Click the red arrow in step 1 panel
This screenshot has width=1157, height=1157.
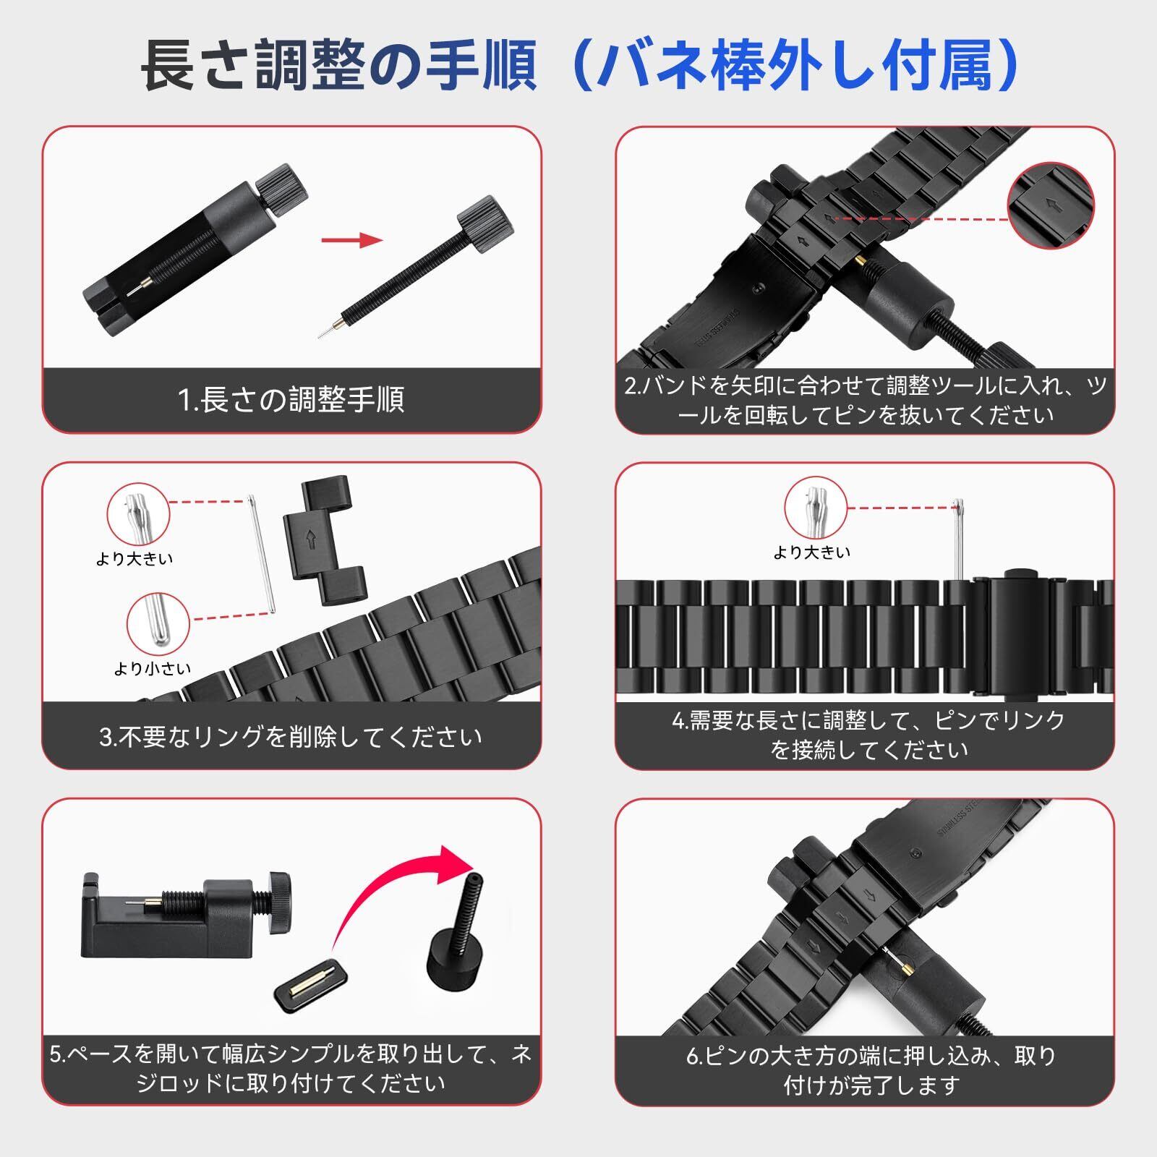pyautogui.click(x=351, y=240)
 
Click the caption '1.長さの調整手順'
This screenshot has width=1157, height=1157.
pyautogui.click(x=291, y=400)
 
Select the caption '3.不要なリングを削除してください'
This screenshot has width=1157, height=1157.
pyautogui.click(x=291, y=737)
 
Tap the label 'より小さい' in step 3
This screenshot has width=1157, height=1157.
pyautogui.click(x=153, y=668)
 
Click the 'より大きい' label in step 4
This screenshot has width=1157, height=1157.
pyautogui.click(x=812, y=552)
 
